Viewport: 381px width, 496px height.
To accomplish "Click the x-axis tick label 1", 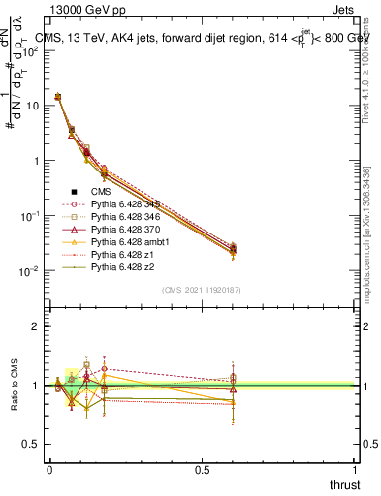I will click(x=353, y=470).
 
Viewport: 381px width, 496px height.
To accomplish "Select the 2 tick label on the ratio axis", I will click(x=36, y=326).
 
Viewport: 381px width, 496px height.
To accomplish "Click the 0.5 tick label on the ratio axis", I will click(x=31, y=444).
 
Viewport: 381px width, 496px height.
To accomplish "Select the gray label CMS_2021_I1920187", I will click(x=201, y=290).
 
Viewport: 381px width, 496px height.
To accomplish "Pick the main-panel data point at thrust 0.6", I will click(x=232, y=251).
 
